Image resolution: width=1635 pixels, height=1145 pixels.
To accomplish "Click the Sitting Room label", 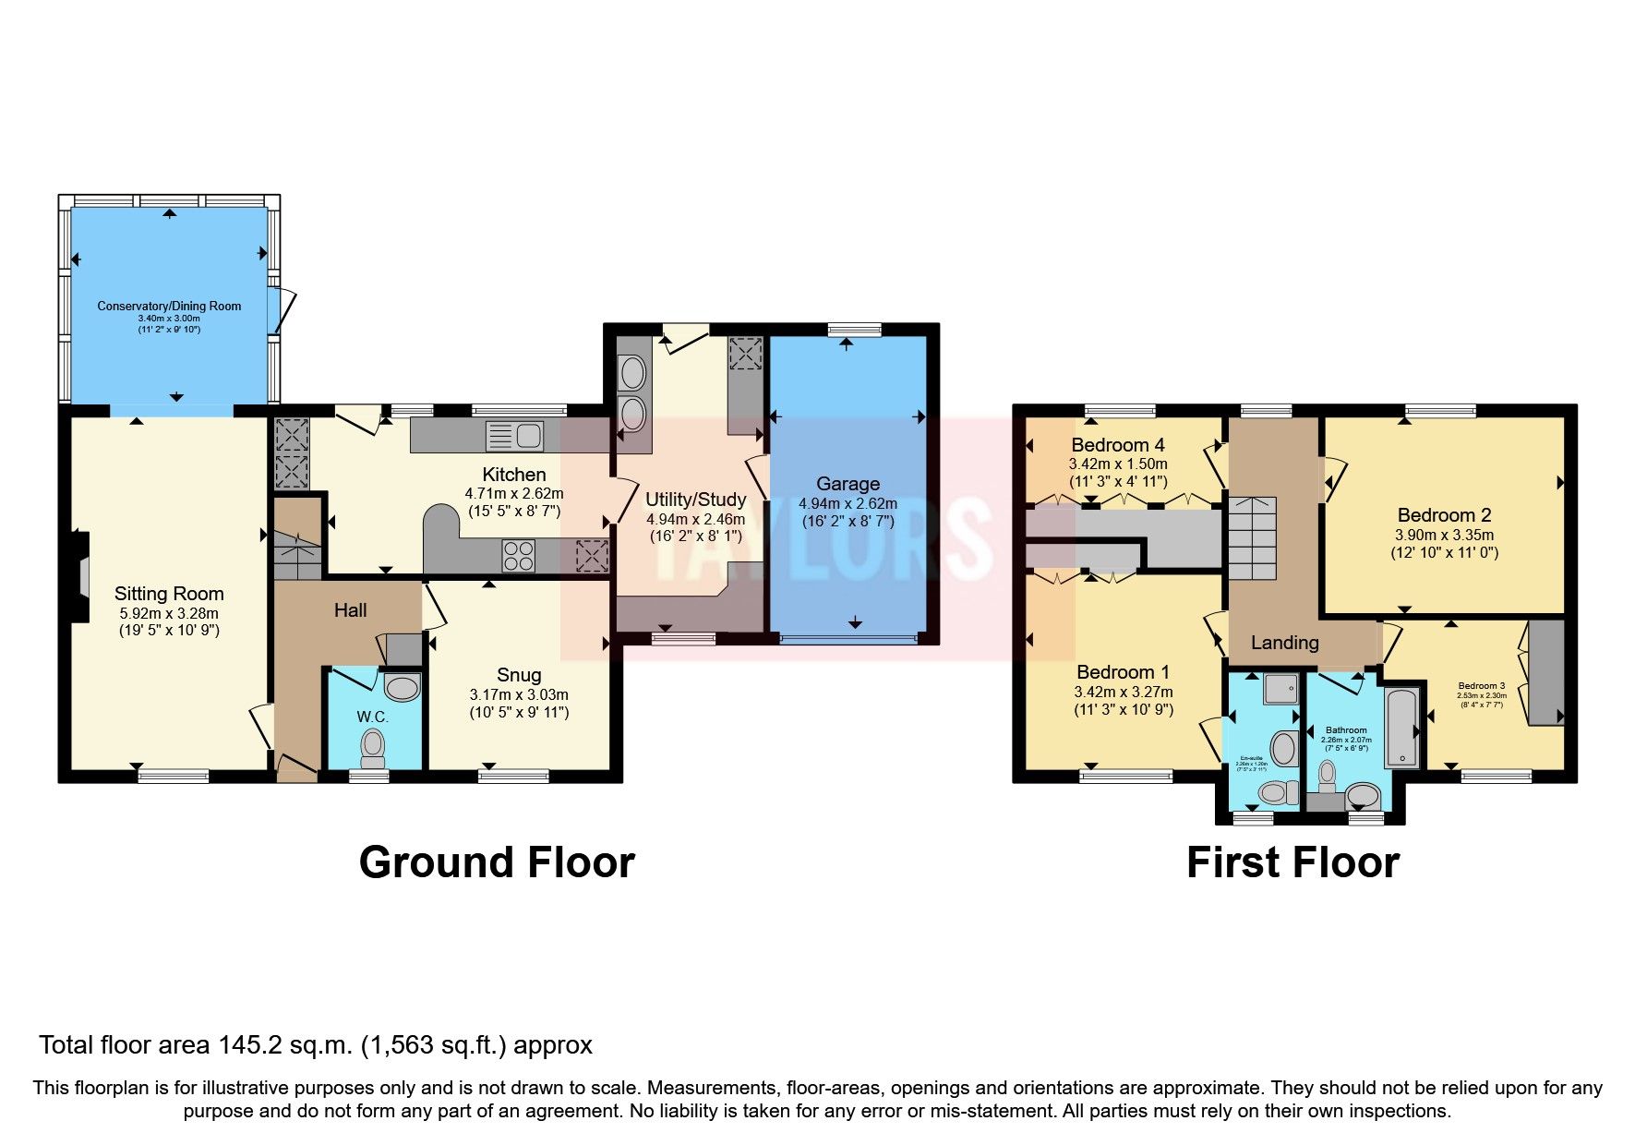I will coord(169,594).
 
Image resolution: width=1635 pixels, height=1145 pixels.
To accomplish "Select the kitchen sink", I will coord(513,436).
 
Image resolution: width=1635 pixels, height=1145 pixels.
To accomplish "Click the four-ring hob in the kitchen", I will coord(518,556).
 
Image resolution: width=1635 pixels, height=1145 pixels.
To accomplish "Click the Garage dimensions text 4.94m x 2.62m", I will coord(848,504).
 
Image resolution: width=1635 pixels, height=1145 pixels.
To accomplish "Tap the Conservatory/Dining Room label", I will coord(169,306).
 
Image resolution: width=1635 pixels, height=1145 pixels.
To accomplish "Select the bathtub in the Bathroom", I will coord(1402,727).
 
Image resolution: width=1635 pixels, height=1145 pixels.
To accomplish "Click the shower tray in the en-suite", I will coord(1280,688).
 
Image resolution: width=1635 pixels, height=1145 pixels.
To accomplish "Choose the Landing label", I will coord(1284,643).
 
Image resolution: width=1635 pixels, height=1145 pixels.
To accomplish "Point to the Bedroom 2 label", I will coord(1444,515).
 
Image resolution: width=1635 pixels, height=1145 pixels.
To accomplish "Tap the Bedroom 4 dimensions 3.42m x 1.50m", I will coord(1118,464).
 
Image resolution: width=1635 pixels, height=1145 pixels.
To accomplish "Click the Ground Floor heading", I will coord(497,862).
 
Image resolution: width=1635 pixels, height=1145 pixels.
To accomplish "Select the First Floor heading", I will coord(1292,862).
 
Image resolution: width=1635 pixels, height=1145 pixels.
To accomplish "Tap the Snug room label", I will coord(519,675).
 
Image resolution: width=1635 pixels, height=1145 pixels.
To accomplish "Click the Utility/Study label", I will coord(695,500).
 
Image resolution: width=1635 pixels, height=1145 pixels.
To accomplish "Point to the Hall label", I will coord(350,610).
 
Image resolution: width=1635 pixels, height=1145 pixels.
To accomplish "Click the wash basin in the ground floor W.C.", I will coord(402,687).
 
